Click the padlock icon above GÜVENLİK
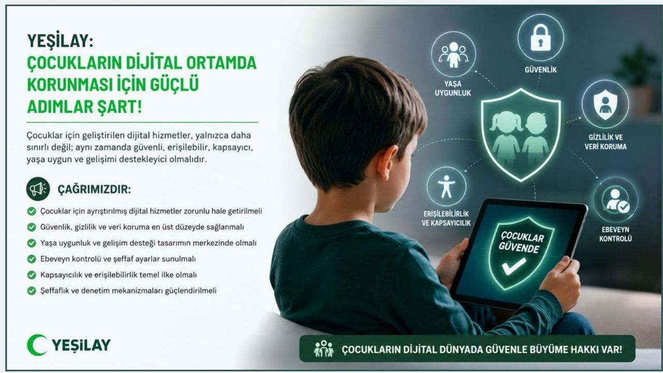[x=540, y=37]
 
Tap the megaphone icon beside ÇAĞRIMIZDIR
[x=38, y=189]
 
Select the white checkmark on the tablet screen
[x=514, y=266]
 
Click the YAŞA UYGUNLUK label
[x=453, y=88]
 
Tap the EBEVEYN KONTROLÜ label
[x=615, y=234]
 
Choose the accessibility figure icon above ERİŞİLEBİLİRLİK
[x=446, y=187]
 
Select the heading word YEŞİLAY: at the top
[x=60, y=40]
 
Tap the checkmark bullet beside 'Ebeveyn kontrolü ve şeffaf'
[x=32, y=259]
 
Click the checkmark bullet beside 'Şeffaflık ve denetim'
[x=32, y=291]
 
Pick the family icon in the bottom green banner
[x=324, y=349]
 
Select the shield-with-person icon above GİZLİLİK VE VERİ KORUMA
[x=605, y=104]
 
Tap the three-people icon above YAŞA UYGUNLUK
[x=453, y=54]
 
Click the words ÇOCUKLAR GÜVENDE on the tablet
[x=522, y=242]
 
